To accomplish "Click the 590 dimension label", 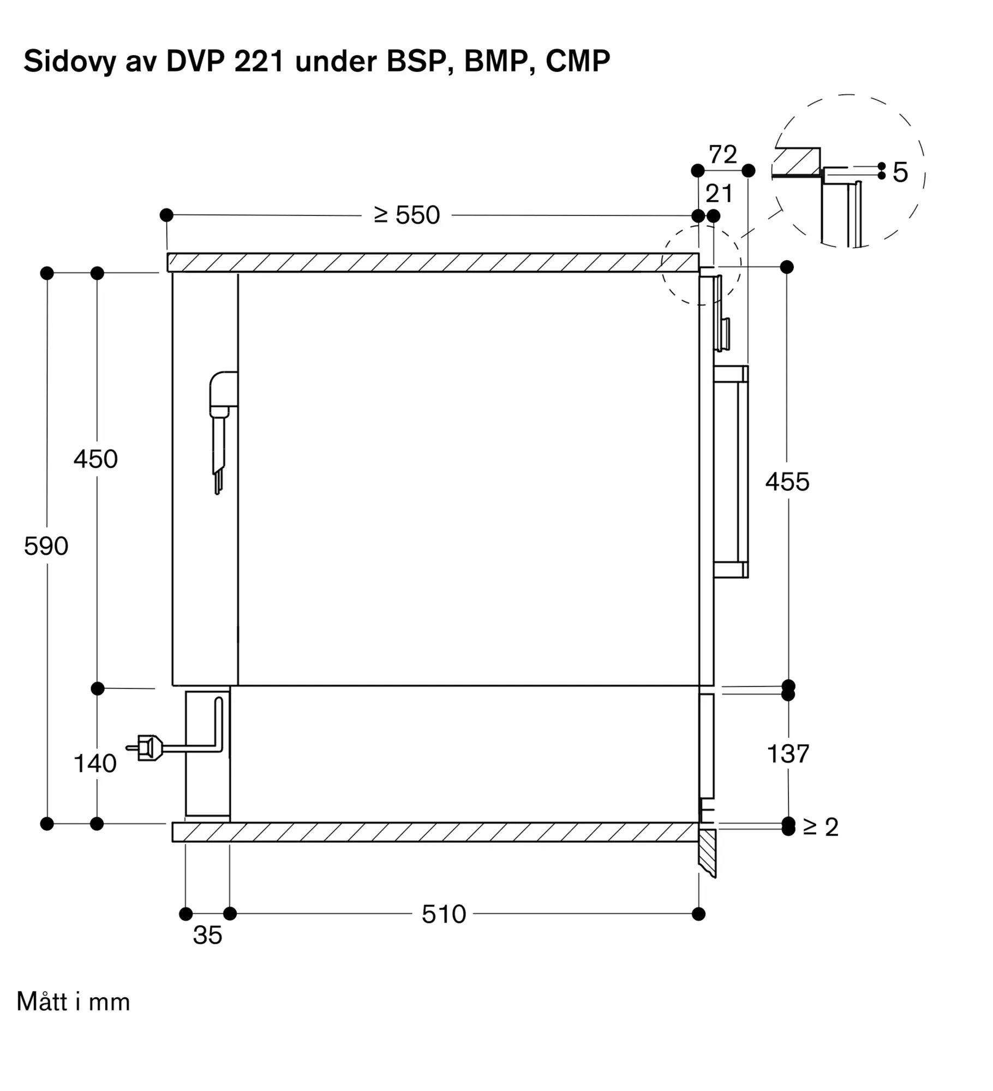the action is click(46, 546).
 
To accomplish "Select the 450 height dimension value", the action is click(95, 459).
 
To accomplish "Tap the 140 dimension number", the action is click(95, 763).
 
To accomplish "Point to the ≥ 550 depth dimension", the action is click(406, 215).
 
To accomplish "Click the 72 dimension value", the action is click(723, 154).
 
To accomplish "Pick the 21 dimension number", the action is click(719, 193).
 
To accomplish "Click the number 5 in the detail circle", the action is click(900, 172).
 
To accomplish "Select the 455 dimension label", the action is click(787, 482).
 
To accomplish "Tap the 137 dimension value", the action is click(788, 754).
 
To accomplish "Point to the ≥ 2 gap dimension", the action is click(821, 827).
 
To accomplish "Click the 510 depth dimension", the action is click(444, 914).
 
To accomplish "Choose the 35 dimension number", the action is click(207, 935).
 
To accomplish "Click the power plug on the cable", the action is click(145, 748).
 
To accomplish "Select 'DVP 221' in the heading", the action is click(225, 61).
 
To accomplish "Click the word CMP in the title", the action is click(578, 61).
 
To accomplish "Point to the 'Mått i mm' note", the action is click(74, 1002).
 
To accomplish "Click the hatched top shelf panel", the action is click(433, 262).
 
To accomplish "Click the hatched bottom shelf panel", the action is click(435, 832).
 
